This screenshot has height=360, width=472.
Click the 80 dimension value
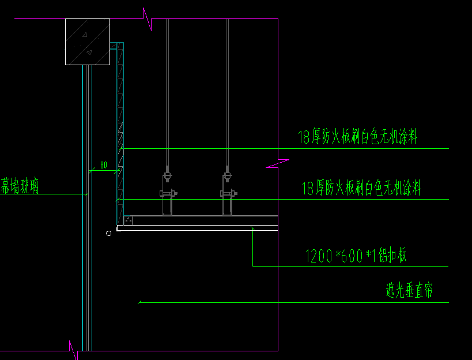pos(104,165)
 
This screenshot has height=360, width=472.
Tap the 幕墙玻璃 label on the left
pos(20,186)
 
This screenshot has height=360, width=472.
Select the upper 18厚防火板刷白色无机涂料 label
pos(357,137)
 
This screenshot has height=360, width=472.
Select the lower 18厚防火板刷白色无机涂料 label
pos(361,187)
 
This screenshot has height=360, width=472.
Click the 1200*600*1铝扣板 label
pos(356,256)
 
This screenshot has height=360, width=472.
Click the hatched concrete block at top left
pos(87,42)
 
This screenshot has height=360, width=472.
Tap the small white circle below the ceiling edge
pos(108,233)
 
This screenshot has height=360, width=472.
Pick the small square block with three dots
pos(129,220)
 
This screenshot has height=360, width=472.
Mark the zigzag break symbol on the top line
pos(148,18)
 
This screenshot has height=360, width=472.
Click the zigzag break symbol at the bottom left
pos(73,350)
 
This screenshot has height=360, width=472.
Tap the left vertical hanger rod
pos(167,92)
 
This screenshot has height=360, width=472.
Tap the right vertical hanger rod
pos(227,92)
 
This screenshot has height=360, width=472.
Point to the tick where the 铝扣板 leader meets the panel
pos(253,229)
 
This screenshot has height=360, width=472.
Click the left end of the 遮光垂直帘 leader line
pos(139,302)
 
